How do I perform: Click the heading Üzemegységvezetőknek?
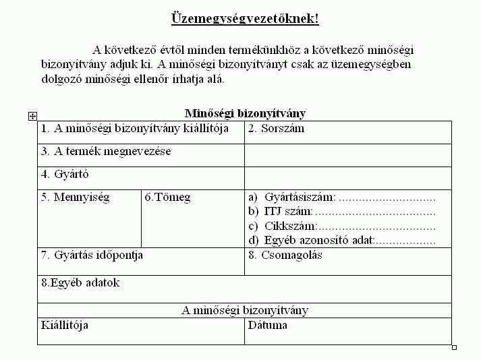(x=245, y=18)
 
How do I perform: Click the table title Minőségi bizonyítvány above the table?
(x=245, y=114)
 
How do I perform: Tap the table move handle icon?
(x=32, y=117)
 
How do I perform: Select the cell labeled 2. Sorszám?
(x=277, y=129)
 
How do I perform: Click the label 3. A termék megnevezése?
(x=106, y=152)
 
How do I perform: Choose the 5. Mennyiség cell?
(x=75, y=198)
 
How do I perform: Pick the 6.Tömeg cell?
(x=168, y=198)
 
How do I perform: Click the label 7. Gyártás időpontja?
(x=92, y=256)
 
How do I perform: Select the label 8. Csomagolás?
(x=285, y=256)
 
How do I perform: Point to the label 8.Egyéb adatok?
(x=80, y=283)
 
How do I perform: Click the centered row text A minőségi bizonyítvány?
(x=245, y=311)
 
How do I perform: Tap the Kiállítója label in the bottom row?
(x=65, y=326)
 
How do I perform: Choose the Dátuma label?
(x=268, y=326)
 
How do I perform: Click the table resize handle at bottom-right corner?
(x=454, y=347)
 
